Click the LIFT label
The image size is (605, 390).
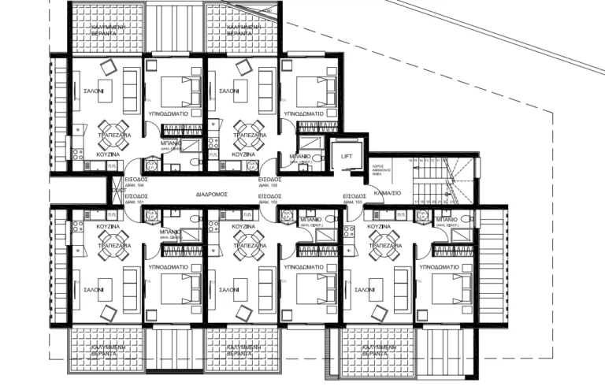pyautogui.click(x=347, y=156)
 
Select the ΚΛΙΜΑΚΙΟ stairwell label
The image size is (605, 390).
pyautogui.click(x=388, y=191)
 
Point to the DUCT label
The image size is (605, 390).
pyautogui.click(x=117, y=191)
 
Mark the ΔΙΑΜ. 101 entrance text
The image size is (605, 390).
pyautogui.click(x=135, y=202)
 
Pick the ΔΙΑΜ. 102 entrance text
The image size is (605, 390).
pyautogui.click(x=269, y=202)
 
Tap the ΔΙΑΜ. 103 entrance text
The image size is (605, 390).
pyautogui.click(x=354, y=202)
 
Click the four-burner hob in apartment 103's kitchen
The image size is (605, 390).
pyautogui.click(x=348, y=229)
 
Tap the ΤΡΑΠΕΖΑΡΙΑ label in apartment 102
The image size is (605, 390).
pyautogui.click(x=248, y=246)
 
